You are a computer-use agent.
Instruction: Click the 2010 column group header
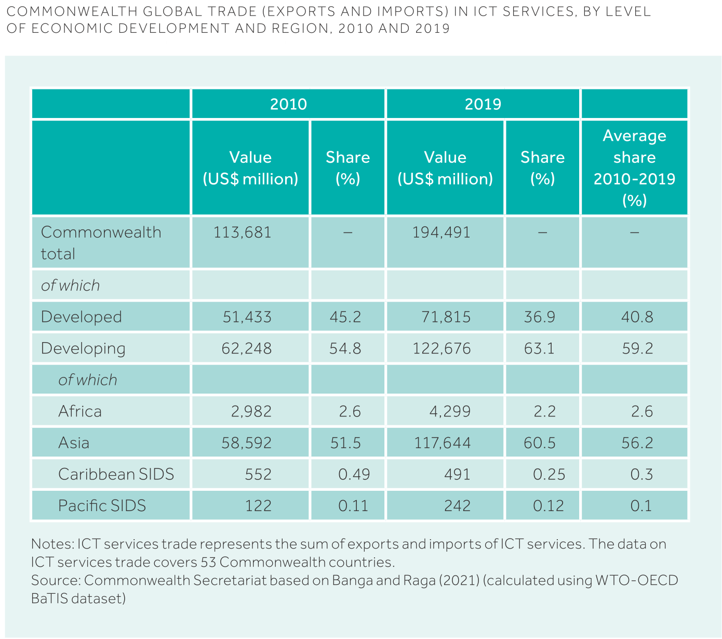point(288,104)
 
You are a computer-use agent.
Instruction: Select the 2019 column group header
point(483,104)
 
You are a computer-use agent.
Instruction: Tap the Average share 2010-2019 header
point(634,168)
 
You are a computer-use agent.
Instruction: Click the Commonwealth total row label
point(101,243)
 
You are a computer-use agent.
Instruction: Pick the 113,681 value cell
point(243,232)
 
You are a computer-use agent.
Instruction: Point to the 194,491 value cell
point(442,232)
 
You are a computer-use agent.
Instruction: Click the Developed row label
point(81,317)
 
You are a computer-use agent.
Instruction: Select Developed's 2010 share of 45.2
point(345,317)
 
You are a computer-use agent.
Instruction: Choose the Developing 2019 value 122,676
point(442,348)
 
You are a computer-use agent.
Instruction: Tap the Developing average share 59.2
point(637,348)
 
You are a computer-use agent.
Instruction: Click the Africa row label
point(80,411)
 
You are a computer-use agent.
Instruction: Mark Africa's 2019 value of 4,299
point(450,411)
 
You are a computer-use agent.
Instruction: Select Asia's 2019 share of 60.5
point(540,443)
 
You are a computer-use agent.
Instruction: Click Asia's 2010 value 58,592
point(247,443)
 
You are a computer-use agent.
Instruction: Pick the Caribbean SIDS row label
point(116,474)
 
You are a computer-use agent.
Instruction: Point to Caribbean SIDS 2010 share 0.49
point(354,474)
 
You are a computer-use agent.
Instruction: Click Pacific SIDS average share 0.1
point(641,506)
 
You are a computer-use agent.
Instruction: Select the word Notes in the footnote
point(52,544)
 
